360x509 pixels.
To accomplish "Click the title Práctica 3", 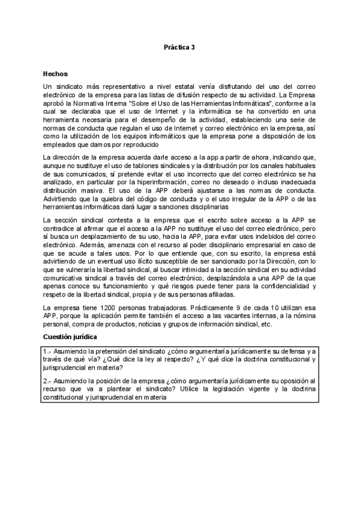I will (x=179, y=46).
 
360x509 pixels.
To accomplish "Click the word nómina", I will (x=307, y=316).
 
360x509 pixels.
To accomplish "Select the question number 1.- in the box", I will (x=47, y=351).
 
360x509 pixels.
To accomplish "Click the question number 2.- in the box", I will (x=47, y=381).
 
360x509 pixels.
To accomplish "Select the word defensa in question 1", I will (x=289, y=351).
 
